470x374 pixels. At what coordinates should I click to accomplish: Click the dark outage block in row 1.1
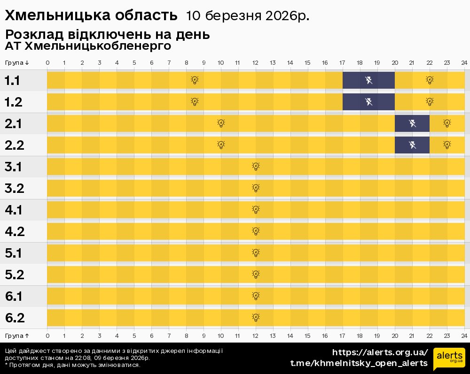(368, 80)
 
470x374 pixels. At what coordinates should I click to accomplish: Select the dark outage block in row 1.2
(368, 102)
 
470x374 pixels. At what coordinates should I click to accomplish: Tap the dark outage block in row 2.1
(412, 123)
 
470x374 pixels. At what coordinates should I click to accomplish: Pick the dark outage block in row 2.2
(412, 145)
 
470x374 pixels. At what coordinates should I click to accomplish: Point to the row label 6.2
(15, 318)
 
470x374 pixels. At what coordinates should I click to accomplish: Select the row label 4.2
(15, 231)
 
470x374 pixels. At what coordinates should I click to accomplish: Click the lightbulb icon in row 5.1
(256, 253)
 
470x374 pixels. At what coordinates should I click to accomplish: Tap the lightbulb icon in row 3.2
(256, 188)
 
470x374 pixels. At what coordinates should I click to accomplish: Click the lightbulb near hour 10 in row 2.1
(221, 123)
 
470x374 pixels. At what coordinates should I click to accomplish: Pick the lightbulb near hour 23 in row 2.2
(447, 145)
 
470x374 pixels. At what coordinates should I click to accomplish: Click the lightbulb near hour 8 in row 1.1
(195, 80)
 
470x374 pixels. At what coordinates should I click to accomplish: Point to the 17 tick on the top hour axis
(342, 63)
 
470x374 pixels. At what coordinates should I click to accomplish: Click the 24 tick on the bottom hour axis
(464, 336)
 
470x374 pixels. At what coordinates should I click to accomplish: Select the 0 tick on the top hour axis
(47, 63)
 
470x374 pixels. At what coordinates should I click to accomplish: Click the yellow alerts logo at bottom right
(449, 359)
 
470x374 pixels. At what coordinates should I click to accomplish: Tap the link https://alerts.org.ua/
(380, 352)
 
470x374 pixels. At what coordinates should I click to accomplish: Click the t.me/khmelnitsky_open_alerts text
(359, 363)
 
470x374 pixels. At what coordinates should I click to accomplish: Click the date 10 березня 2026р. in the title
(248, 15)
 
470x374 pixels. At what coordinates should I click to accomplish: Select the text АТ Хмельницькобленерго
(88, 46)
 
